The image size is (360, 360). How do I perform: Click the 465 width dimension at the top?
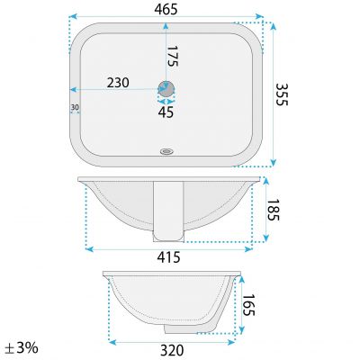click(165, 8)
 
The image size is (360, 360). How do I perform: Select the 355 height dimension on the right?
click(281, 92)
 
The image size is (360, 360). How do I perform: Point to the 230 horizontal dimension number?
click(118, 82)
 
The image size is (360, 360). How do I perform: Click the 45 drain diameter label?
click(166, 112)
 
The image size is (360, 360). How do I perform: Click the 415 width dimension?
click(169, 257)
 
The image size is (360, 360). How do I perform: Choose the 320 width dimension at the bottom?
click(173, 350)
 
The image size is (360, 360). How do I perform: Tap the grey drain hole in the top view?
click(166, 88)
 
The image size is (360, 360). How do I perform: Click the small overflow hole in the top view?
click(166, 152)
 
